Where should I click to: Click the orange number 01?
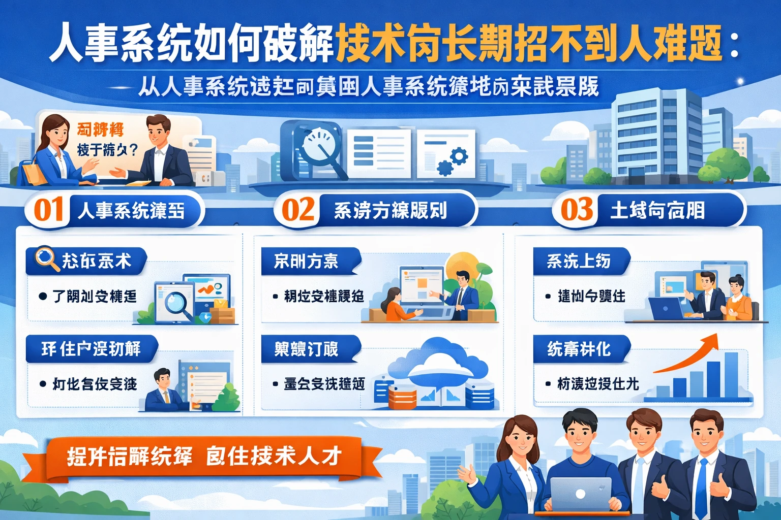coord(48,210)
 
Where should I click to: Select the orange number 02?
coord(297,210)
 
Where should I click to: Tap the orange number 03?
coord(577,210)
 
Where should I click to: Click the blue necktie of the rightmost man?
coord(702,487)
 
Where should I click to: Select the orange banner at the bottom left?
coord(203,457)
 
